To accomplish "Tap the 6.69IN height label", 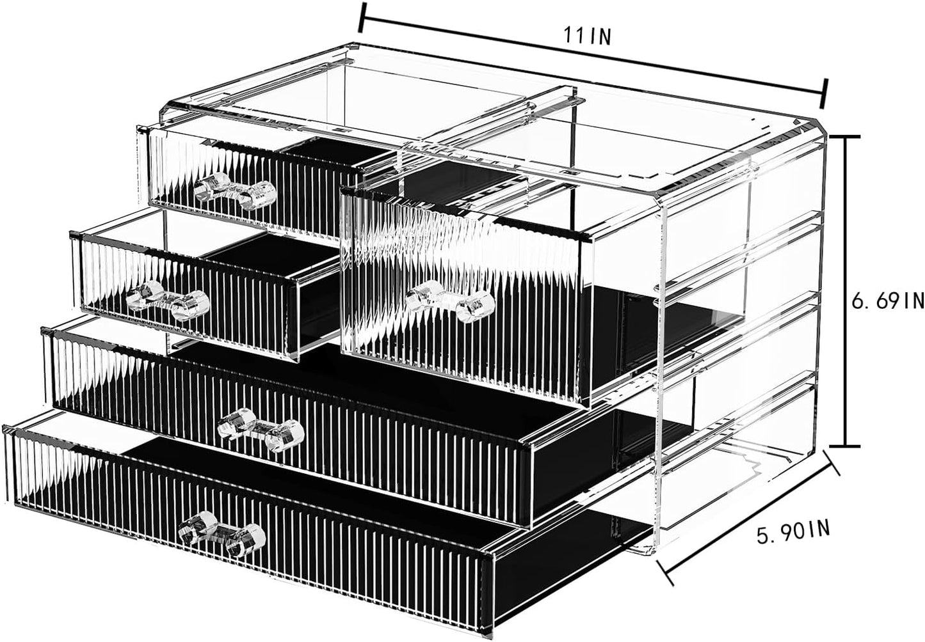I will pos(887,300).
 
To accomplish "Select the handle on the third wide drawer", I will pos(260,427).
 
